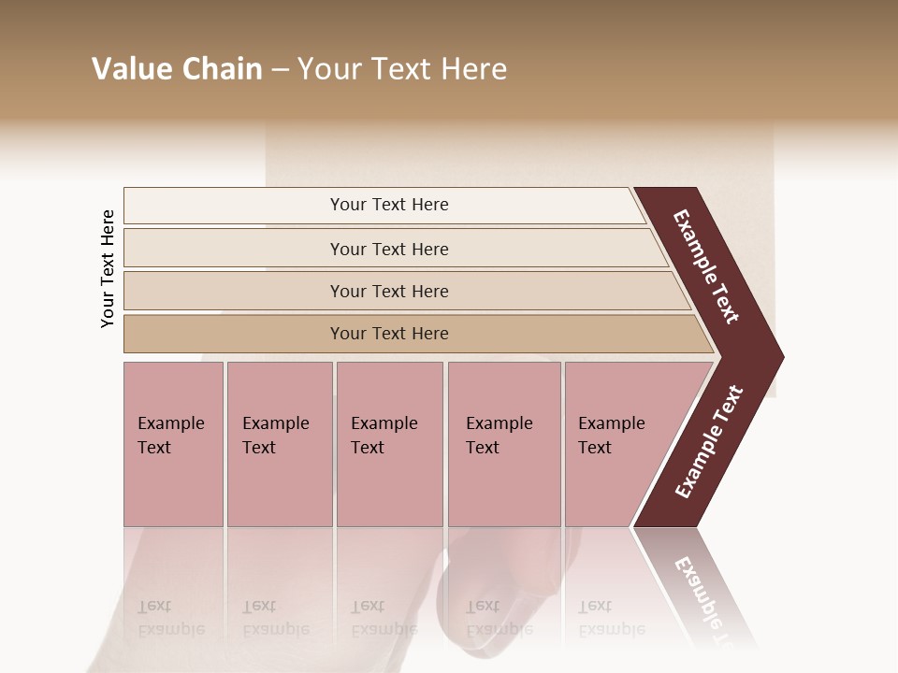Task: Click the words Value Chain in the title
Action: (177, 69)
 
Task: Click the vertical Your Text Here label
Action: (108, 268)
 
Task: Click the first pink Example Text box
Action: (173, 444)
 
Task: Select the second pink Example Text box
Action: (280, 444)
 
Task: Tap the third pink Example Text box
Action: (389, 444)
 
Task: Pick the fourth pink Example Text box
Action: (504, 444)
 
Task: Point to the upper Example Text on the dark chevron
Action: (707, 266)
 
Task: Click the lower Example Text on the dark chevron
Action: (709, 442)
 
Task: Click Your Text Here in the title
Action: (402, 69)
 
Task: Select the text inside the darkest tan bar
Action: (389, 334)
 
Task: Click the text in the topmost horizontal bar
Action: (389, 205)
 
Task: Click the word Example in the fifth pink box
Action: (612, 423)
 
